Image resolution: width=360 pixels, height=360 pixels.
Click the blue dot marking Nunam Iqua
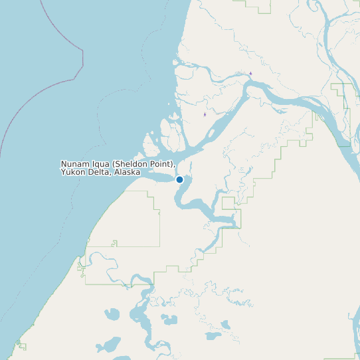click(179, 179)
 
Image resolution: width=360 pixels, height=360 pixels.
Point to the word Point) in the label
click(162, 164)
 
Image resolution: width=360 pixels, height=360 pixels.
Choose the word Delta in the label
click(99, 172)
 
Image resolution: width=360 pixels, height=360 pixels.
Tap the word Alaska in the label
click(127, 172)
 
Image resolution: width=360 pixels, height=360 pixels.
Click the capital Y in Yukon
click(63, 172)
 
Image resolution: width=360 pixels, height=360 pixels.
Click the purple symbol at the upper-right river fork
click(250, 73)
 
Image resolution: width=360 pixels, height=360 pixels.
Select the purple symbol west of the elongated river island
click(205, 114)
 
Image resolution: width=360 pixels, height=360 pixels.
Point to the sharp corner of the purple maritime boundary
click(82, 66)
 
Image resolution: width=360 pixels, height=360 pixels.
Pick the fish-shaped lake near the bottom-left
click(111, 314)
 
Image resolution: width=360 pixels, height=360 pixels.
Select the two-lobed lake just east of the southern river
click(169, 319)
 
